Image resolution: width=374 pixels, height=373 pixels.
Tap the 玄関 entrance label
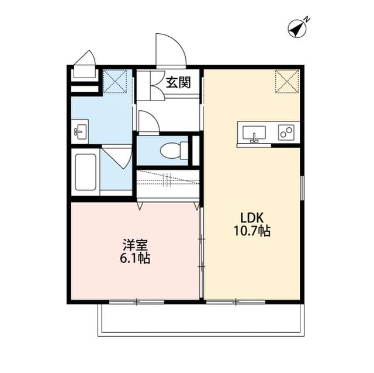[178, 82]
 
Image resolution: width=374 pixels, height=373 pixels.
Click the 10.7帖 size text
[251, 231]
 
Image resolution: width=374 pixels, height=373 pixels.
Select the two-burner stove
[286, 133]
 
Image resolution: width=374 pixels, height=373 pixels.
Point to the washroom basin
[80, 132]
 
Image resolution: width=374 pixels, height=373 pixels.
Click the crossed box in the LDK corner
[287, 81]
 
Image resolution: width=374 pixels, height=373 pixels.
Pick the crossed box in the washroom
[115, 81]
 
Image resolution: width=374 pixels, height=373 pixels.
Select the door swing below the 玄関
[148, 121]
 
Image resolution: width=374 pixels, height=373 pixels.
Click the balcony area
[201, 320]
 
